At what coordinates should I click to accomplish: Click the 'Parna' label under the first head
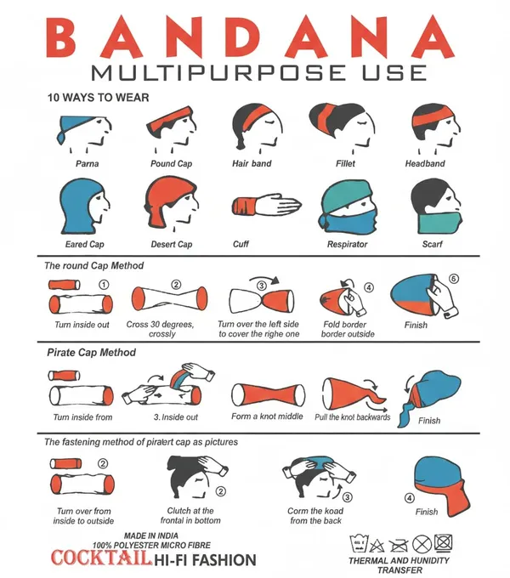tap(87, 164)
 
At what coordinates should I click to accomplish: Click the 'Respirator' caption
tap(347, 244)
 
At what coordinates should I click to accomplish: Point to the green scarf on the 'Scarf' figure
tap(440, 222)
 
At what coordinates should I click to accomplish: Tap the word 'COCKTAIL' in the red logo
tap(101, 558)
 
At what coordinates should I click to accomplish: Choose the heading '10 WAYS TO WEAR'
tap(98, 98)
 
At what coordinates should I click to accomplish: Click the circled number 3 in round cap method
tap(261, 286)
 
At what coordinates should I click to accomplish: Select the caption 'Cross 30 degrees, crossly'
tap(161, 329)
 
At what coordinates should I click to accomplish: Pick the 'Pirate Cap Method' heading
tap(92, 353)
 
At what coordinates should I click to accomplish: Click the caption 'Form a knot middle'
tap(267, 416)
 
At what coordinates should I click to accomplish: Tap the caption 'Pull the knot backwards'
tap(352, 417)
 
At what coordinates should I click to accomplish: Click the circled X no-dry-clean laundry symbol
tap(422, 544)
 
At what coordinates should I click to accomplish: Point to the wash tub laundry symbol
tap(359, 543)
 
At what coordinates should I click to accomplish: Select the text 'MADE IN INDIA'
tap(151, 535)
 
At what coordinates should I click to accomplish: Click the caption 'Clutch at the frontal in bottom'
tap(190, 516)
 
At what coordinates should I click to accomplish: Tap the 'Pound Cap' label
tap(172, 164)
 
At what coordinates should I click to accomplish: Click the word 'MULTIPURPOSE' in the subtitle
tap(218, 72)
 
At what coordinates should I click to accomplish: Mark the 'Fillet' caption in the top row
tap(345, 164)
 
